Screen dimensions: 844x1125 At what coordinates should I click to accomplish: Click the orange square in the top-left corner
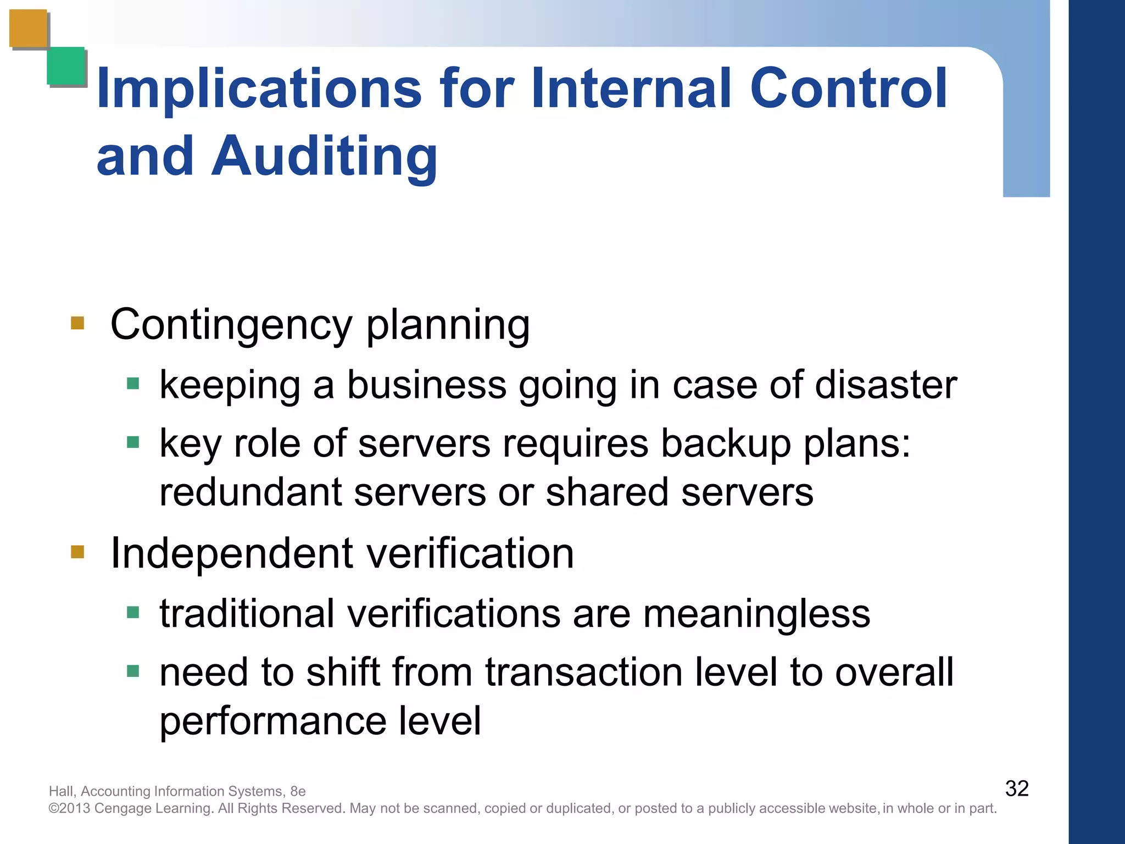pos(28,28)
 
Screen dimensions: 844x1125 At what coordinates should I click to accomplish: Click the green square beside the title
pos(66,66)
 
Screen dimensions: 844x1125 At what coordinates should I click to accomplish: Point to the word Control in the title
pos(849,88)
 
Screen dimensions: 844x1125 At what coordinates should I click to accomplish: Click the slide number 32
pos(1017,789)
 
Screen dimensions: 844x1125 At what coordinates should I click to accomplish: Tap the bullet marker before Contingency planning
pos(77,323)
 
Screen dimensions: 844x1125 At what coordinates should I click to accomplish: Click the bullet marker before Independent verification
pos(77,551)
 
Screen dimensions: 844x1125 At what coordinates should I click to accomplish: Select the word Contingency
pos(231,325)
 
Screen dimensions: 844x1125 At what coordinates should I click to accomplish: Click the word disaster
pos(886,385)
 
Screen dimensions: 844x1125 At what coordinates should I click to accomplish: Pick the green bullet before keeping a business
pos(133,383)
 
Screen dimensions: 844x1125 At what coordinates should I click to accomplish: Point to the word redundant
pos(250,492)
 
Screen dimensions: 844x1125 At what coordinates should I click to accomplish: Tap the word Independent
pos(231,554)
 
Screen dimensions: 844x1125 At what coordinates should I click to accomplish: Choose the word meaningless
pos(756,614)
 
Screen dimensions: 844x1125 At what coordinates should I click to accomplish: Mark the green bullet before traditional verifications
pos(133,612)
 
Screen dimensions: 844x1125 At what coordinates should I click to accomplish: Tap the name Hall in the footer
pos(61,791)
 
